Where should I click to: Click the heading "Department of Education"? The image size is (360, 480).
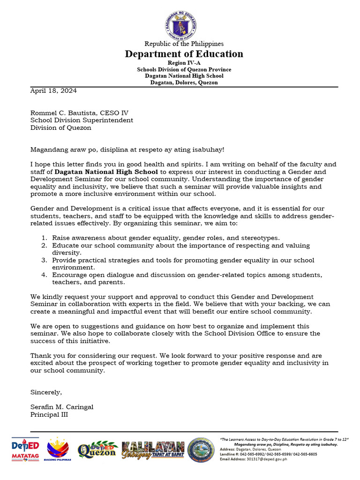point(184,54)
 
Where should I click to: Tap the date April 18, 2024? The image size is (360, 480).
point(53,91)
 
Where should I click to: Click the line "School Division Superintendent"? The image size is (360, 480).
point(82,120)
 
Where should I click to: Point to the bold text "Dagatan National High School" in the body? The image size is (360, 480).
point(106,172)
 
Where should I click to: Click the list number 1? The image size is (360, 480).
point(44,238)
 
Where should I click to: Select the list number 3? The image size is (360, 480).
point(44,260)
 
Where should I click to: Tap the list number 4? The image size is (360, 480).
point(44,275)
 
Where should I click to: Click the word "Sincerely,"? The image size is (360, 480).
point(46,392)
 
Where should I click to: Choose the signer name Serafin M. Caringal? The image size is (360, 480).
point(62,407)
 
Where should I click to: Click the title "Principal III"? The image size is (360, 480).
point(49,414)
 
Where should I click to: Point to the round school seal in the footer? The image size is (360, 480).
point(201,450)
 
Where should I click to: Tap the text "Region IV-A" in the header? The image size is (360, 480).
point(184,63)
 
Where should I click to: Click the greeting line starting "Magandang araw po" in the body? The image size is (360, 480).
point(127,150)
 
